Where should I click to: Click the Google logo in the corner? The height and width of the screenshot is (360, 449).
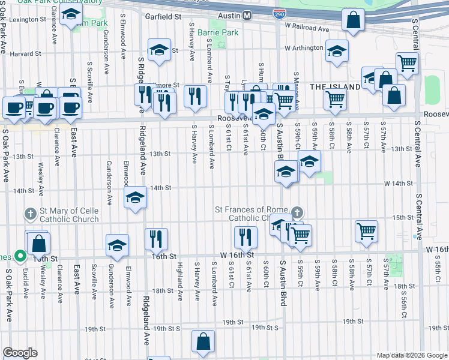[x=19, y=353]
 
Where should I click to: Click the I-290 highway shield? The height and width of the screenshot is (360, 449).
[x=279, y=14]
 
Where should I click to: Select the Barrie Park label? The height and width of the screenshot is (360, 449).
[x=220, y=32]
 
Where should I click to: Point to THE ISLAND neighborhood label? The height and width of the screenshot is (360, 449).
[x=335, y=87]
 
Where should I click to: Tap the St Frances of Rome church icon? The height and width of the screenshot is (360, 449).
[x=297, y=213]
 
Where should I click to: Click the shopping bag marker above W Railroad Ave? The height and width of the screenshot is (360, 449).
[x=354, y=20]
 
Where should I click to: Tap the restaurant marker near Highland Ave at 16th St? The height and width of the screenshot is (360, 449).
[x=156, y=239]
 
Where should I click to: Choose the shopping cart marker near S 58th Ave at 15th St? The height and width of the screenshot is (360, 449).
[x=366, y=230]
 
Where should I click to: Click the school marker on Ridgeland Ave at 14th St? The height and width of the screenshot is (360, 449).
[x=136, y=198]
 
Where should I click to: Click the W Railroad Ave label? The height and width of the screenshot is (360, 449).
[x=307, y=28]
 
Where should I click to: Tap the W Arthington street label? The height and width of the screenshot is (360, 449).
[x=304, y=48]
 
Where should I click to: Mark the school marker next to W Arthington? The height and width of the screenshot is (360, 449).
[x=337, y=51]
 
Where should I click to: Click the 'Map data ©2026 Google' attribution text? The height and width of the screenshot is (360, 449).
[x=412, y=355]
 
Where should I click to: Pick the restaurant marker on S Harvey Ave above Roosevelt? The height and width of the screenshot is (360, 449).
[x=195, y=96]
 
